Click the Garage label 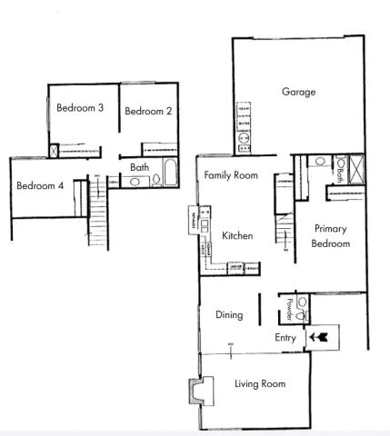pyautogui.click(x=298, y=93)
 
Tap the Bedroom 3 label pyautogui.click(x=80, y=108)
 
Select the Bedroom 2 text pyautogui.click(x=148, y=112)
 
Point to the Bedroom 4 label pyautogui.click(x=40, y=185)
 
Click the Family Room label pyautogui.click(x=231, y=174)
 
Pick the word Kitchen pyautogui.click(x=235, y=235)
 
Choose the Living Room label pyautogui.click(x=260, y=384)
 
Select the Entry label pyautogui.click(x=285, y=339)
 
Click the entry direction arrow pyautogui.click(x=319, y=338)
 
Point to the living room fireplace pyautogui.click(x=195, y=391)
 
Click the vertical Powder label pyautogui.click(x=290, y=308)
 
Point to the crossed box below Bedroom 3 pyautogui.click(x=55, y=153)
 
